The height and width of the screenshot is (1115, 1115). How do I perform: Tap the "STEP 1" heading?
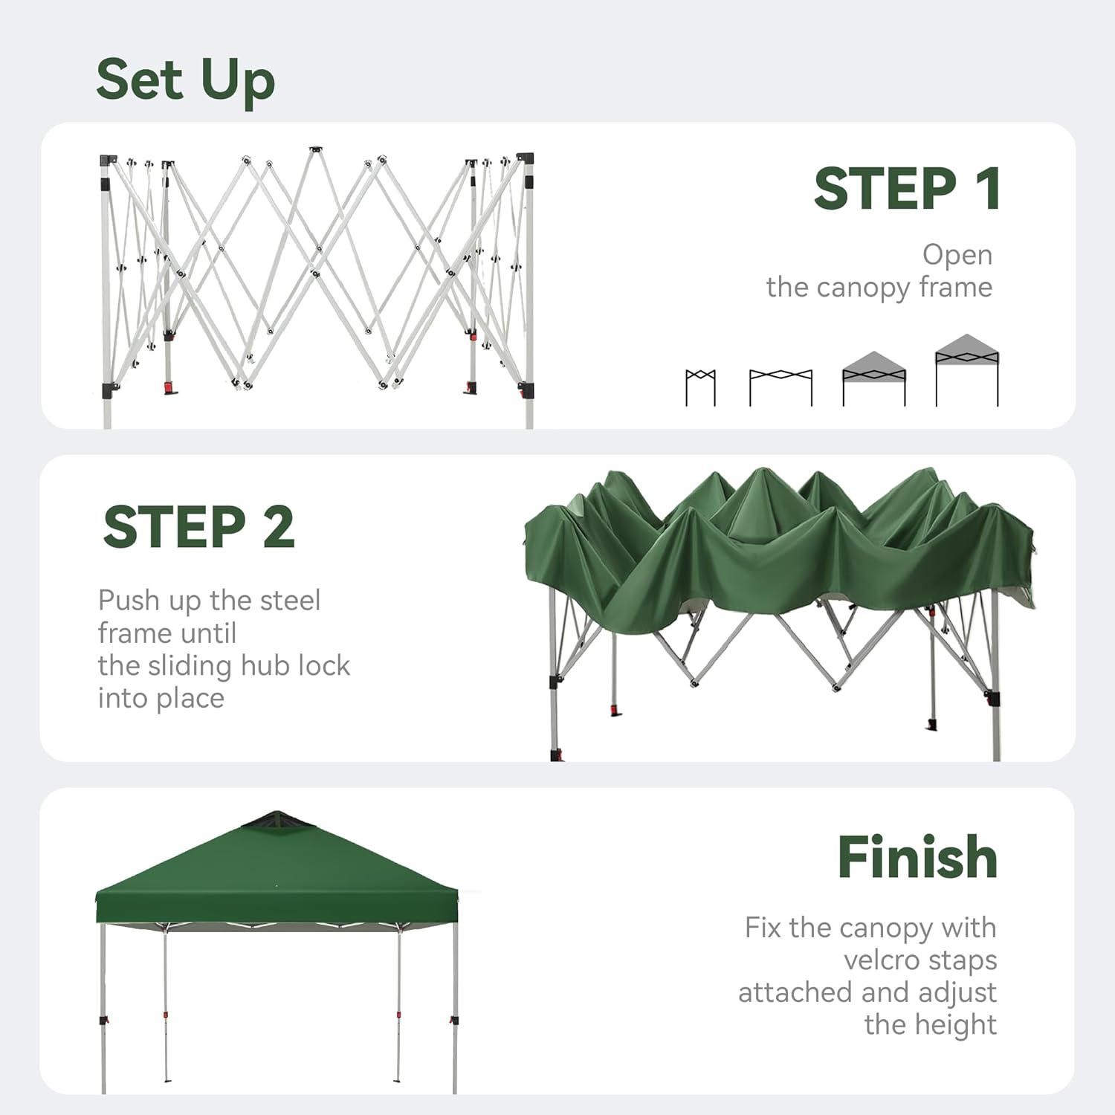tap(907, 189)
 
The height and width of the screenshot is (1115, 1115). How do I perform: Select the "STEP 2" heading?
tap(199, 527)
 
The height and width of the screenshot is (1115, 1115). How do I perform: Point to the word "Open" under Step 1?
tap(957, 256)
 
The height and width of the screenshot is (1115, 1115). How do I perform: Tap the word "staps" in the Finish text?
tap(963, 961)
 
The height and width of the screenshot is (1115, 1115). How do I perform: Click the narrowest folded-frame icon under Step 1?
tap(700, 387)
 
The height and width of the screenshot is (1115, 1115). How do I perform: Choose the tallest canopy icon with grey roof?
tap(967, 370)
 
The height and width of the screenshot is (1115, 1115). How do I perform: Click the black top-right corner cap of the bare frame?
tap(526, 158)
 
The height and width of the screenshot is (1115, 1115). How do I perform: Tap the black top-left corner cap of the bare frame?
tap(109, 161)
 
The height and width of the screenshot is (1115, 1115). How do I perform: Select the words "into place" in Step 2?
tap(161, 699)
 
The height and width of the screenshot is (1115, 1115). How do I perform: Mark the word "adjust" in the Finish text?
tap(957, 993)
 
